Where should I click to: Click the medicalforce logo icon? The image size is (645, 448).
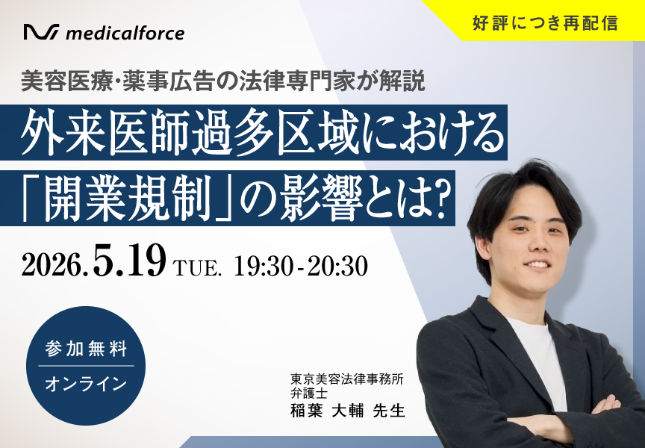click(x=41, y=32)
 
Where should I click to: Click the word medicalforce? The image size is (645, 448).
click(x=125, y=34)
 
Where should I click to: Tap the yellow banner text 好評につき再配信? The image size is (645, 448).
click(x=546, y=23)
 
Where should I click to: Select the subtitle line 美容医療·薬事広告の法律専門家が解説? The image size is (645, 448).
click(x=223, y=81)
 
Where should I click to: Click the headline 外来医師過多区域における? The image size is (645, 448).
click(x=263, y=134)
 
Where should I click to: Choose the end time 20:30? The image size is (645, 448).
click(x=337, y=266)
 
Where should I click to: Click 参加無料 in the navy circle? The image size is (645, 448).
click(x=86, y=349)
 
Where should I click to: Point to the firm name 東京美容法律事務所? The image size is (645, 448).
click(x=347, y=379)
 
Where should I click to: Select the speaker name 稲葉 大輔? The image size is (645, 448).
click(x=327, y=411)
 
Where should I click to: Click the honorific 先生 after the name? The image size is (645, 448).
click(x=389, y=411)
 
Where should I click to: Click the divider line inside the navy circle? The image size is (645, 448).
click(x=86, y=366)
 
